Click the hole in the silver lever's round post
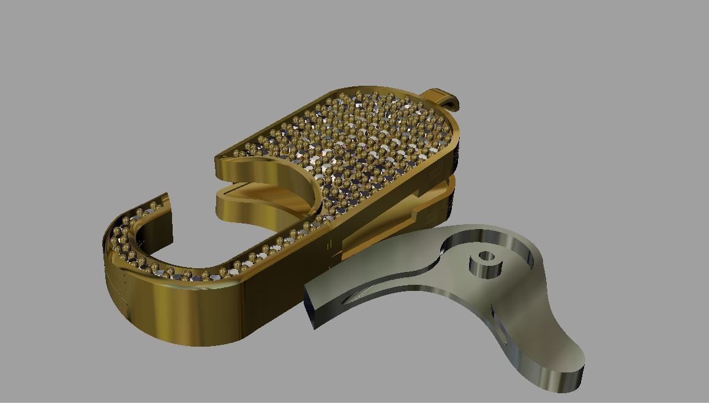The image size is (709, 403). coord(486,256)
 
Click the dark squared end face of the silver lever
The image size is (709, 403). coord(310,307)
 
